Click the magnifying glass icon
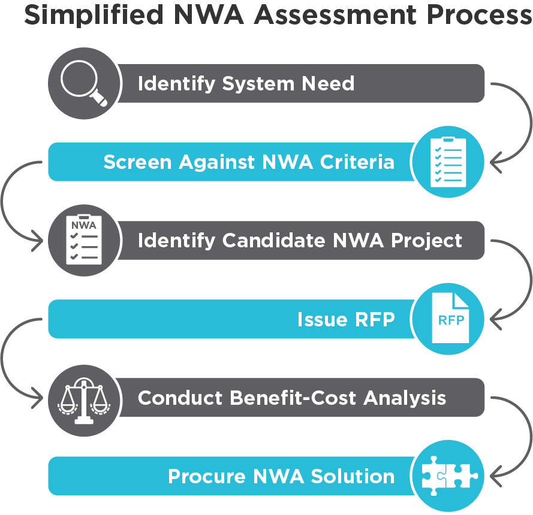click(83, 83)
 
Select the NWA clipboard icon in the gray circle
click(83, 240)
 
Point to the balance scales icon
click(83, 398)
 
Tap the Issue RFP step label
click(346, 319)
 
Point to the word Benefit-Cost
click(291, 398)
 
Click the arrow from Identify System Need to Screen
click(522, 123)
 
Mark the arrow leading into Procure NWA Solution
click(522, 437)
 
